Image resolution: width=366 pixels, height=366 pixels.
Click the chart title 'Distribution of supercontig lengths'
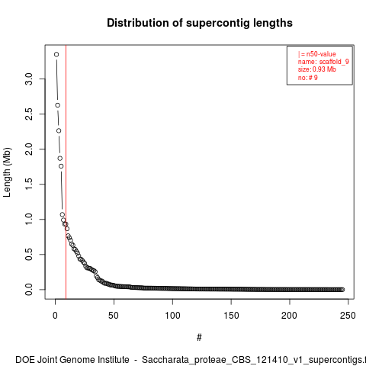[200, 23]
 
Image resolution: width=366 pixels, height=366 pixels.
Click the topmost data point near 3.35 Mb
[56, 54]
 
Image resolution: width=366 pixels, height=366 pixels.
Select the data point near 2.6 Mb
[58, 105]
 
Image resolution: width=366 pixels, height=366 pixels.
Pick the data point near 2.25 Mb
[59, 130]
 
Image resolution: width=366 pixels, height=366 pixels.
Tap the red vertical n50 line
[66, 172]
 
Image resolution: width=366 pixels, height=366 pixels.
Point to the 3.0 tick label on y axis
[29, 79]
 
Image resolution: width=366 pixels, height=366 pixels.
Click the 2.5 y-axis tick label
[29, 114]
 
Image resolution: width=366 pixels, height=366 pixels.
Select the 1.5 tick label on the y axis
[29, 184]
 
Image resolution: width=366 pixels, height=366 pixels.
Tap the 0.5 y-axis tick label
[29, 254]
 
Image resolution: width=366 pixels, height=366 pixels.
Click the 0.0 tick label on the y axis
[29, 290]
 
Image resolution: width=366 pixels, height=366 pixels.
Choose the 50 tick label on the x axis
[114, 316]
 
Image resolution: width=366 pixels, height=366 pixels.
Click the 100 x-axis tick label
[172, 316]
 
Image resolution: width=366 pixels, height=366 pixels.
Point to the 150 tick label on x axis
[231, 316]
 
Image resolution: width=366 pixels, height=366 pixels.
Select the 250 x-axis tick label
[348, 316]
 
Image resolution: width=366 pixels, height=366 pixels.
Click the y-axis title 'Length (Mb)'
[7, 172]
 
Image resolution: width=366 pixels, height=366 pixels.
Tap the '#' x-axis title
[199, 338]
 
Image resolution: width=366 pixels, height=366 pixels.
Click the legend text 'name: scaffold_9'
[323, 62]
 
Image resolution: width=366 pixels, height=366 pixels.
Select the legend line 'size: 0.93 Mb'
[317, 69]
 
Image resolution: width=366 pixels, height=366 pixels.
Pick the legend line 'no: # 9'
[308, 77]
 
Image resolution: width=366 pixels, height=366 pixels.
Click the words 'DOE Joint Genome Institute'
[72, 360]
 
